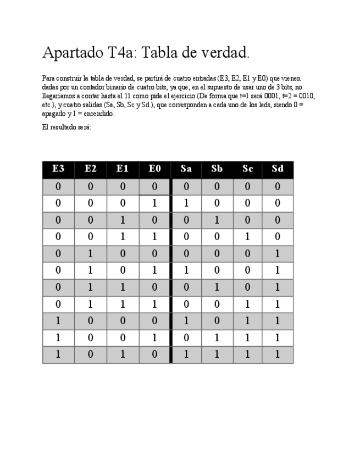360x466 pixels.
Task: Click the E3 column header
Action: (x=58, y=169)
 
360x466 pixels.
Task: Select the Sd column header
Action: (x=278, y=169)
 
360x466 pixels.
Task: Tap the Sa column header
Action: (x=186, y=169)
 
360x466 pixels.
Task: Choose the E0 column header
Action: (x=154, y=169)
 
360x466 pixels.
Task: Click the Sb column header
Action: (x=217, y=169)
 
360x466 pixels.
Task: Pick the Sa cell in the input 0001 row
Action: (x=186, y=203)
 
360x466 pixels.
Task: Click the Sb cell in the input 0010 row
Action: (x=217, y=220)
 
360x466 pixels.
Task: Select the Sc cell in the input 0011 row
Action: (x=247, y=237)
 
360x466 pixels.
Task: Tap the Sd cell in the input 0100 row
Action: (x=278, y=254)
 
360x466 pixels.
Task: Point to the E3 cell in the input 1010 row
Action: (x=58, y=354)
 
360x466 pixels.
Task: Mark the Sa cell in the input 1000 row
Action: (x=186, y=321)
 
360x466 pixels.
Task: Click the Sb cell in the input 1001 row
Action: (x=217, y=338)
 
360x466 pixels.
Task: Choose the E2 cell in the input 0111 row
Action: (x=90, y=304)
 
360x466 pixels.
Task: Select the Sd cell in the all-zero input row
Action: (x=278, y=187)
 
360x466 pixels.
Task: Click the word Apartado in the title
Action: (x=70, y=54)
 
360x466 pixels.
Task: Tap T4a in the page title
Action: (x=118, y=53)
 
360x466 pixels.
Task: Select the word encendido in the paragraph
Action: (x=99, y=114)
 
